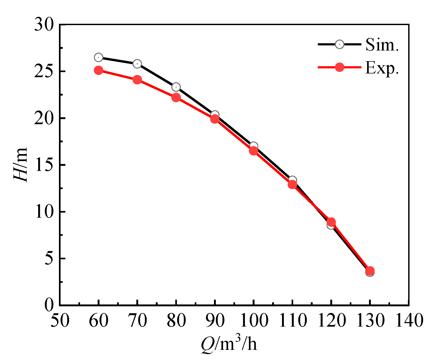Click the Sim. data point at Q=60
[98, 57]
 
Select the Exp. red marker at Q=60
[98, 71]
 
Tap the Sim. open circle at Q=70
[137, 64]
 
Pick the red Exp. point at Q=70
[137, 80]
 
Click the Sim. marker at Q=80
[176, 87]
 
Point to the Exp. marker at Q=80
[176, 97]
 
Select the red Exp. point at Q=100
[253, 151]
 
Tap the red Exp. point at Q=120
[331, 222]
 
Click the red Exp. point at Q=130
[370, 271]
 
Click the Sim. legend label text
[382, 45]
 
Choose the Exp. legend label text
[382, 68]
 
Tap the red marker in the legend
[339, 67]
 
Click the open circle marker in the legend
[339, 44]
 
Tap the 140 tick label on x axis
[409, 320]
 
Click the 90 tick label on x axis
[215, 320]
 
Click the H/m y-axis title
[21, 165]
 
